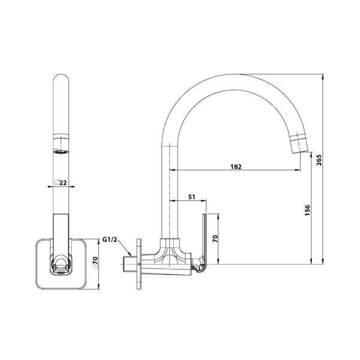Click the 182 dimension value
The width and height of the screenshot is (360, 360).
point(236,167)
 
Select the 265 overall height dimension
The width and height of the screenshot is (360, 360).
point(319,160)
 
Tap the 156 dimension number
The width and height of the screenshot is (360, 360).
point(307,210)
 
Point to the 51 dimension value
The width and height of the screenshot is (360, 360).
point(192,197)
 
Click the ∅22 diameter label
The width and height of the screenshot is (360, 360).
point(61,182)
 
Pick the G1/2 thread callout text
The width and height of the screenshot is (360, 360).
point(110,239)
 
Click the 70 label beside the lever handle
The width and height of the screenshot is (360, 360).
point(215,239)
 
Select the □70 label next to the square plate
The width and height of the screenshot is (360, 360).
point(95,263)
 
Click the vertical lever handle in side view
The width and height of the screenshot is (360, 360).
point(205,240)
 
